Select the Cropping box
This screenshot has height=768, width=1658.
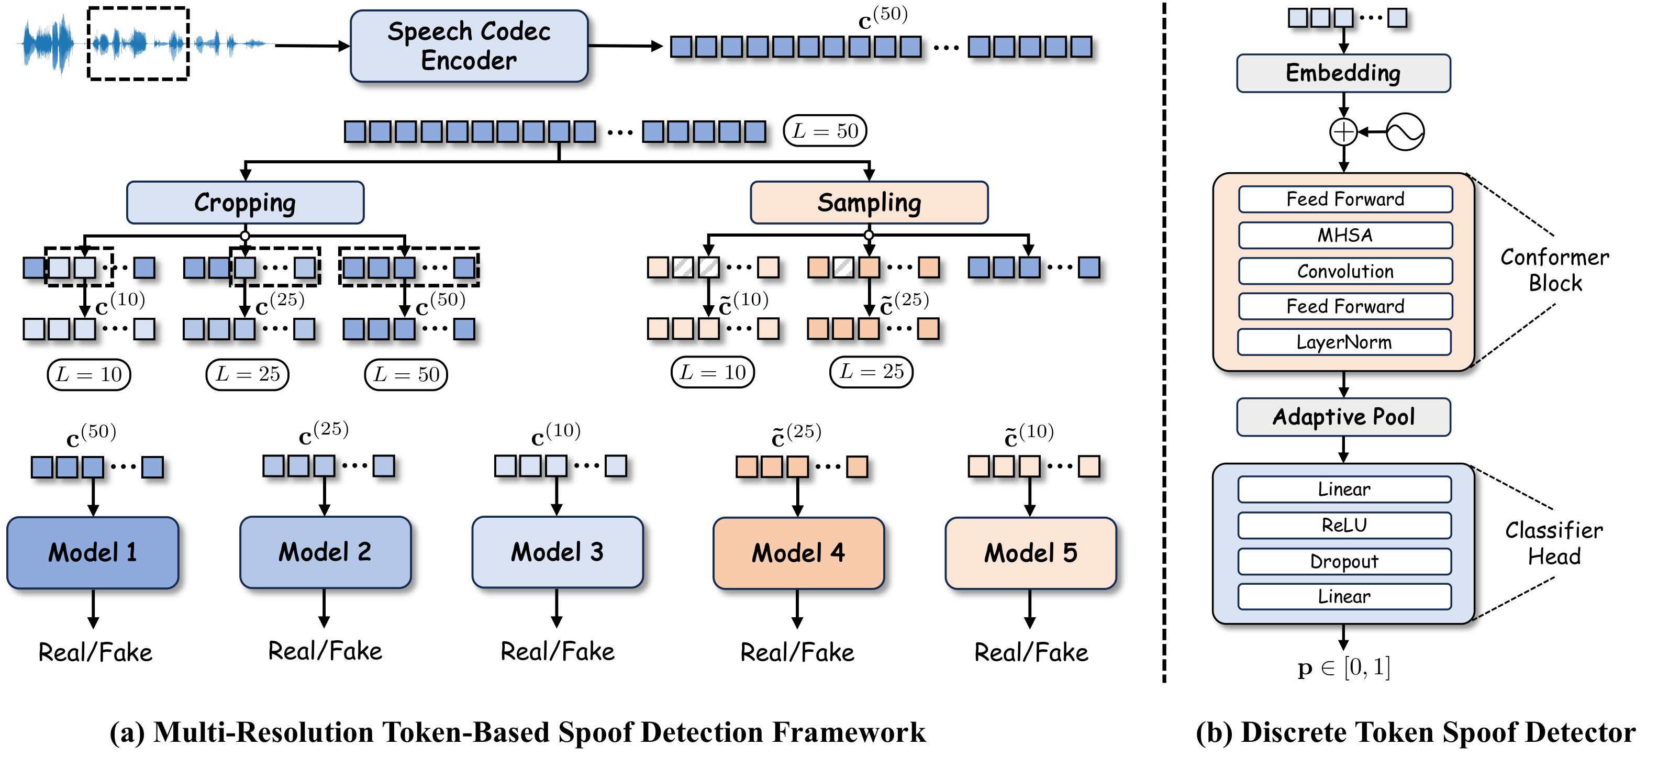click(x=245, y=203)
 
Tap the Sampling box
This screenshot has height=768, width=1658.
click(x=869, y=203)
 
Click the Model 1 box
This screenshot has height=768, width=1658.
click(x=93, y=552)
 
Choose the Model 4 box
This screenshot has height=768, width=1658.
click(x=798, y=553)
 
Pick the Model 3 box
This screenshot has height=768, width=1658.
click(x=558, y=552)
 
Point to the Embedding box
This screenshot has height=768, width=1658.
click(x=1343, y=73)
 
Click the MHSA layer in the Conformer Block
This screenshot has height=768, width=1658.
click(x=1345, y=236)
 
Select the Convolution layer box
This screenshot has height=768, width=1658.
click(x=1345, y=271)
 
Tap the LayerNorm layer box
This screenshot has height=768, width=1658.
click(x=1344, y=342)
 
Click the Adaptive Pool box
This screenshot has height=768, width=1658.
click(x=1343, y=417)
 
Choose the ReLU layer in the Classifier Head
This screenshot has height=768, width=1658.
click(x=1344, y=525)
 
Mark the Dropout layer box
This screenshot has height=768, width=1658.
click(x=1344, y=561)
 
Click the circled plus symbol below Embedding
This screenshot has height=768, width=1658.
click(x=1343, y=132)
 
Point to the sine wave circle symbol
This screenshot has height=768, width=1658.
click(x=1405, y=132)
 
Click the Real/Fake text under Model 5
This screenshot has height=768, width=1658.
click(x=1030, y=653)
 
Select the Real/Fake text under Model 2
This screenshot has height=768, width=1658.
click(x=325, y=651)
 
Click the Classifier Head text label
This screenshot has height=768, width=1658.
click(x=1554, y=543)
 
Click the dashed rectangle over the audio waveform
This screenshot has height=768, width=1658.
click(x=138, y=44)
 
